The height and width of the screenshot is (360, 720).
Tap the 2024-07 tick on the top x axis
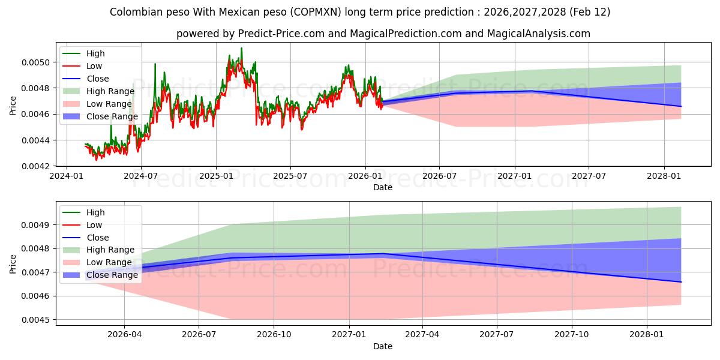(140, 175)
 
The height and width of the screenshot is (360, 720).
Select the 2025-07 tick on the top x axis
(290, 175)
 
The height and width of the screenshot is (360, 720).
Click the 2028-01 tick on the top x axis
(664, 175)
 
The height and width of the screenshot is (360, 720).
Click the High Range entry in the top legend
(110, 91)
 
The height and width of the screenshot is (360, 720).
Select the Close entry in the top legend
(98, 79)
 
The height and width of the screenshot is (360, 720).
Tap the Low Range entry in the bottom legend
(109, 262)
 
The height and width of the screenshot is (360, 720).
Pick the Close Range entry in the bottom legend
(112, 275)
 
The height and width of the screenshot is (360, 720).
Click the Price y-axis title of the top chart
(13, 106)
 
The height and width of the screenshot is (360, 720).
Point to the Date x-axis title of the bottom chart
(383, 346)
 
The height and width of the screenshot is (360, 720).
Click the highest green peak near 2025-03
(241, 48)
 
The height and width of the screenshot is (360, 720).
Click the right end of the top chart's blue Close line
(681, 106)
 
